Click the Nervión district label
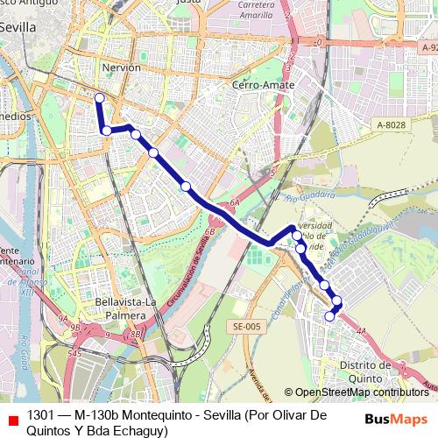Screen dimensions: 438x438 pyautogui.click(x=122, y=67)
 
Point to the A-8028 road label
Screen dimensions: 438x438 pyautogui.click(x=391, y=125)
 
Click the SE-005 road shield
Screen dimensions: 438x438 pyautogui.click(x=248, y=327)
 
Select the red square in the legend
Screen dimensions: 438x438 pyautogui.click(x=11, y=416)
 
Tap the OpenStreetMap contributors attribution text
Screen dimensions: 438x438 pyautogui.click(x=362, y=392)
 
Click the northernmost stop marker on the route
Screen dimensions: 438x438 pyautogui.click(x=99, y=98)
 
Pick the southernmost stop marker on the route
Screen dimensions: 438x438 pyautogui.click(x=330, y=316)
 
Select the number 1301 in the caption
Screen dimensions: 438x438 pyautogui.click(x=40, y=413)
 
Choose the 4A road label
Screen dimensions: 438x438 pyautogui.click(x=362, y=329)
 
